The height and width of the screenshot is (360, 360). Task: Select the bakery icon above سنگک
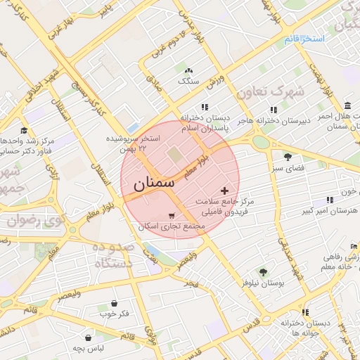[x=188, y=71]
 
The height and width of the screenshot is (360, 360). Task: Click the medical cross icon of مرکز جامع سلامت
[x=224, y=191]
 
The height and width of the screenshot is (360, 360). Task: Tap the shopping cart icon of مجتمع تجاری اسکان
[x=172, y=216]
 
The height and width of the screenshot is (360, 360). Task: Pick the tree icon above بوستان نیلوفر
[x=263, y=271]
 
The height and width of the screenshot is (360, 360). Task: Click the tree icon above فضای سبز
[x=287, y=157]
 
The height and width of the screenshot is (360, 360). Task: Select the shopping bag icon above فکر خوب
[x=115, y=303]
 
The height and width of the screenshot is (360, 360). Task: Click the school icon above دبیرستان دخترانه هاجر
[x=274, y=110]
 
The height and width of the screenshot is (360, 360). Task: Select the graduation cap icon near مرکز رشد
[x=24, y=130]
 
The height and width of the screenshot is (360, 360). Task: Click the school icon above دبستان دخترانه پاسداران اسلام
[x=205, y=107]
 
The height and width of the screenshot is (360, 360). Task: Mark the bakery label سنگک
[x=188, y=82]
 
